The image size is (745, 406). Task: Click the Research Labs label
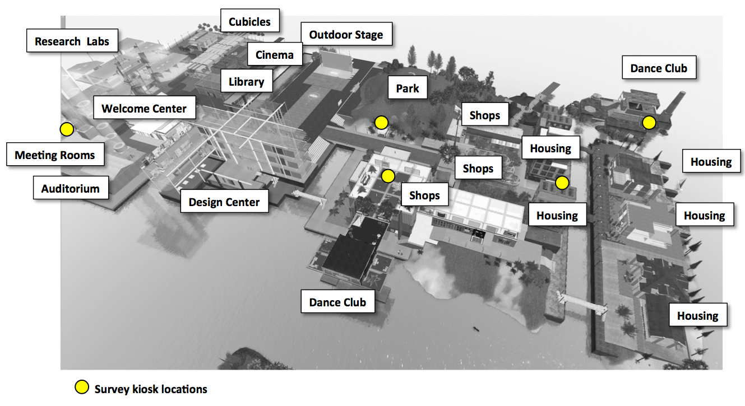[72, 41]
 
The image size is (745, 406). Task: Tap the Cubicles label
[249, 22]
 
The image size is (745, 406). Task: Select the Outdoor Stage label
[346, 35]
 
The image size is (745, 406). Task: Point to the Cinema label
[274, 55]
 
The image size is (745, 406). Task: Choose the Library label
[246, 82]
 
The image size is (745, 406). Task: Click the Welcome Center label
[144, 109]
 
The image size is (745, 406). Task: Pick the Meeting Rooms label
[55, 155]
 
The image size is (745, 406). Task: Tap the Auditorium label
[70, 189]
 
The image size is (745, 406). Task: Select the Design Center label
[224, 202]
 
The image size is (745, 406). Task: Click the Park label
[408, 88]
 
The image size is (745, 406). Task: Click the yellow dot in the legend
[82, 387]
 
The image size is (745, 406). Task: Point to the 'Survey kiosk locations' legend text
[151, 389]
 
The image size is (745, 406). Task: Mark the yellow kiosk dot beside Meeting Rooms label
[67, 129]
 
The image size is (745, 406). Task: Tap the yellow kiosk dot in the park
[381, 122]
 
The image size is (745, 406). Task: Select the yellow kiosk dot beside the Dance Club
[649, 122]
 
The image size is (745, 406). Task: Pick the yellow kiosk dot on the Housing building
[562, 183]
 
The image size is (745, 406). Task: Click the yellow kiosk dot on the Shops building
[387, 176]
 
